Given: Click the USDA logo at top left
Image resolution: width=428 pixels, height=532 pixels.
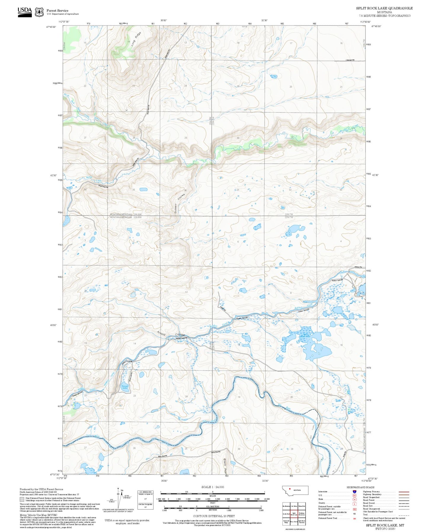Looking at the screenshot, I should point(25,12).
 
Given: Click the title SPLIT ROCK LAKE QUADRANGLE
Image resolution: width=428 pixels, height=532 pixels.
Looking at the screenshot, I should point(384,8).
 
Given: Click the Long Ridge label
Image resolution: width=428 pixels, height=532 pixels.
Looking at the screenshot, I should point(134,39).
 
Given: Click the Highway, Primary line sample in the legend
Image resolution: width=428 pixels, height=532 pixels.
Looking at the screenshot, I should point(404,492).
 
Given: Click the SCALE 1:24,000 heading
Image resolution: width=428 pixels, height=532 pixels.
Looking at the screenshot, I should point(213,487).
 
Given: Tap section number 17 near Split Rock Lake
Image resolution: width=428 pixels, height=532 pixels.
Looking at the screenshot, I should point(291,345).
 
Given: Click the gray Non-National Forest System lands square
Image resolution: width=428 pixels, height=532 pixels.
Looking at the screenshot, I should point(22,499).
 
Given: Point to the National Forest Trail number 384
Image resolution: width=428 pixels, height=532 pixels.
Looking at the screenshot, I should point(354,518).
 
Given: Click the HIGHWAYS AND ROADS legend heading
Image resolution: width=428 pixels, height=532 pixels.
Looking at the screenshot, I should point(360,487).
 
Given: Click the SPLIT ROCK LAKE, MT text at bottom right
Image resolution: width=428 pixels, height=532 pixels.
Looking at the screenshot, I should point(385,525).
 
